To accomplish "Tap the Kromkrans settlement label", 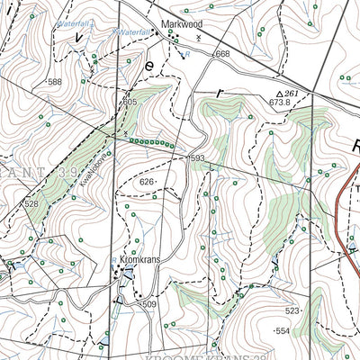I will point(139,259).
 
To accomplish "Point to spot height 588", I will point(56,82).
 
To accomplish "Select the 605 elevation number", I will point(130,103).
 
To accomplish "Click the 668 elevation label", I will point(222,55).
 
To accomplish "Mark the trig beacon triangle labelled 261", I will point(280,94).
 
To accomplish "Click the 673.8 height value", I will point(279,103).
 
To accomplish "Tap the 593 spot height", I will point(199,159).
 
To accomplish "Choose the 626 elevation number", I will point(147,182).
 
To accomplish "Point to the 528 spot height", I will point(31,204).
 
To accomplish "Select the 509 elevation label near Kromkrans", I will point(149,306).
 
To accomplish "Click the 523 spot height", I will point(292,310).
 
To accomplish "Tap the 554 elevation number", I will point(283,331).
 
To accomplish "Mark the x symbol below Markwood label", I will point(199,39).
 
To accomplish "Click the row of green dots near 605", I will point(150,142).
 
